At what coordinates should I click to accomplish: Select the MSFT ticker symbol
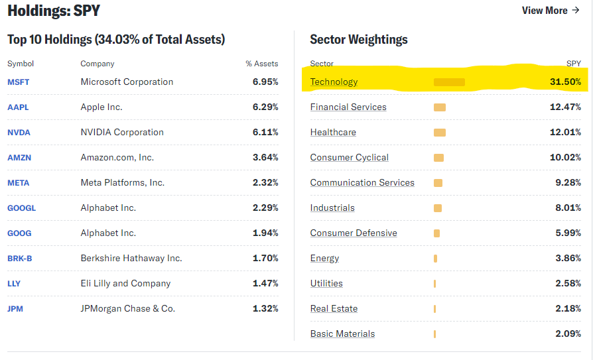[19, 82]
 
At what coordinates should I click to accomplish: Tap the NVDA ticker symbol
[19, 133]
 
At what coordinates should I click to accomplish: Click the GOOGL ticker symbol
[21, 208]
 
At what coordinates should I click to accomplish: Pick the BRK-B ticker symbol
[20, 259]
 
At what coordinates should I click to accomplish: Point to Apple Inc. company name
[101, 107]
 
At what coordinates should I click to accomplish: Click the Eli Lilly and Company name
[125, 284]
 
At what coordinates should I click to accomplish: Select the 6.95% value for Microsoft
[265, 82]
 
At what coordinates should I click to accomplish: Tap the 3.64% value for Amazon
[265, 158]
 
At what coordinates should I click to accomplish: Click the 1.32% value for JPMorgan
[265, 309]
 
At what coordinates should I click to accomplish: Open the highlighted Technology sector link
[334, 82]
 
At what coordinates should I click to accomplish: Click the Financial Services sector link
[348, 107]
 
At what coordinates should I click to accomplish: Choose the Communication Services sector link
[362, 183]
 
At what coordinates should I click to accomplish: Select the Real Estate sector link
[334, 309]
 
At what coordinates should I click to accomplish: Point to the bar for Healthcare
[440, 133]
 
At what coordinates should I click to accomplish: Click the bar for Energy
[435, 259]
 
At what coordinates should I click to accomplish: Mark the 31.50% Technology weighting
[566, 82]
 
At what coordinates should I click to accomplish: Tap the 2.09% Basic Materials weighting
[568, 334]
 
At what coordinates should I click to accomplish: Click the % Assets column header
[261, 64]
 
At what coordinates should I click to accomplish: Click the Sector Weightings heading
[359, 40]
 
